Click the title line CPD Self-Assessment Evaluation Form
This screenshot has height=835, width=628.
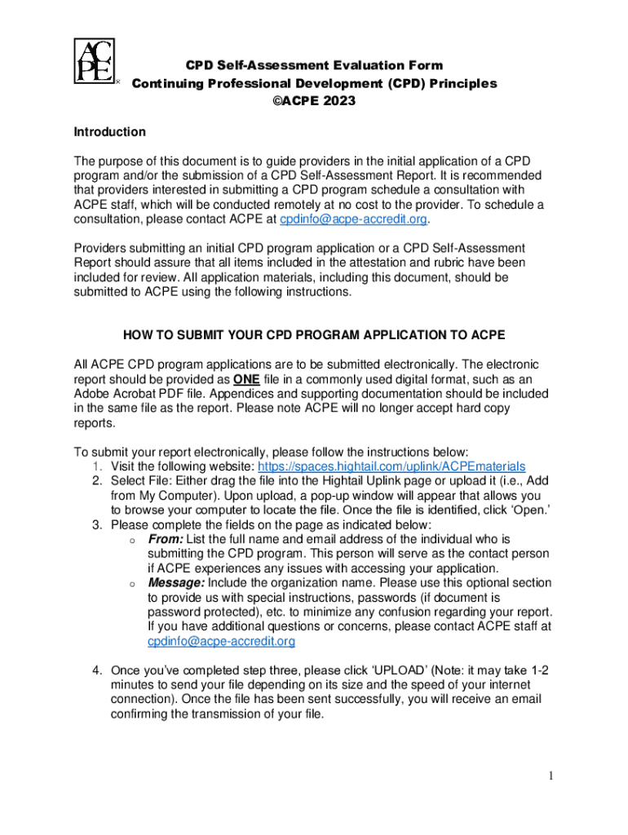click(x=314, y=65)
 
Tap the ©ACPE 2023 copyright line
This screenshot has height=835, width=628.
click(x=314, y=101)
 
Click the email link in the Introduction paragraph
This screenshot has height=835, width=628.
click(x=354, y=219)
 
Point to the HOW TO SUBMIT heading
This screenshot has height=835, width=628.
click(x=314, y=335)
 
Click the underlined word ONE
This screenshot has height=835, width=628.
click(x=246, y=379)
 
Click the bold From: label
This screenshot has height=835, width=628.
click(x=166, y=539)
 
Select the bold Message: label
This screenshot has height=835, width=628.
click(x=176, y=583)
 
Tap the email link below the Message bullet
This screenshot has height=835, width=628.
click(x=221, y=642)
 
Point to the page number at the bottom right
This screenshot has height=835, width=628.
click(x=551, y=775)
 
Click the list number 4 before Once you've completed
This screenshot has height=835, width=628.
click(x=96, y=670)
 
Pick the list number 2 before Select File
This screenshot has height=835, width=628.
click(x=96, y=481)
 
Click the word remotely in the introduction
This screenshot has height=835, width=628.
click(x=299, y=205)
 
